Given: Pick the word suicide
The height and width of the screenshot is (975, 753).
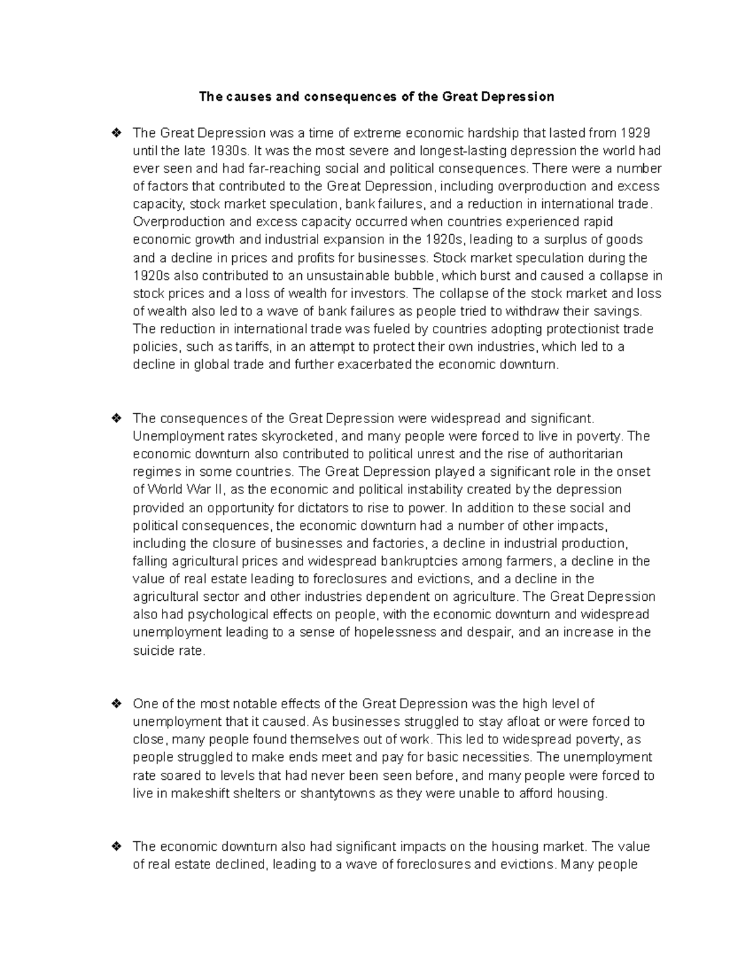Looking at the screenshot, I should pyautogui.click(x=152, y=650).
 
